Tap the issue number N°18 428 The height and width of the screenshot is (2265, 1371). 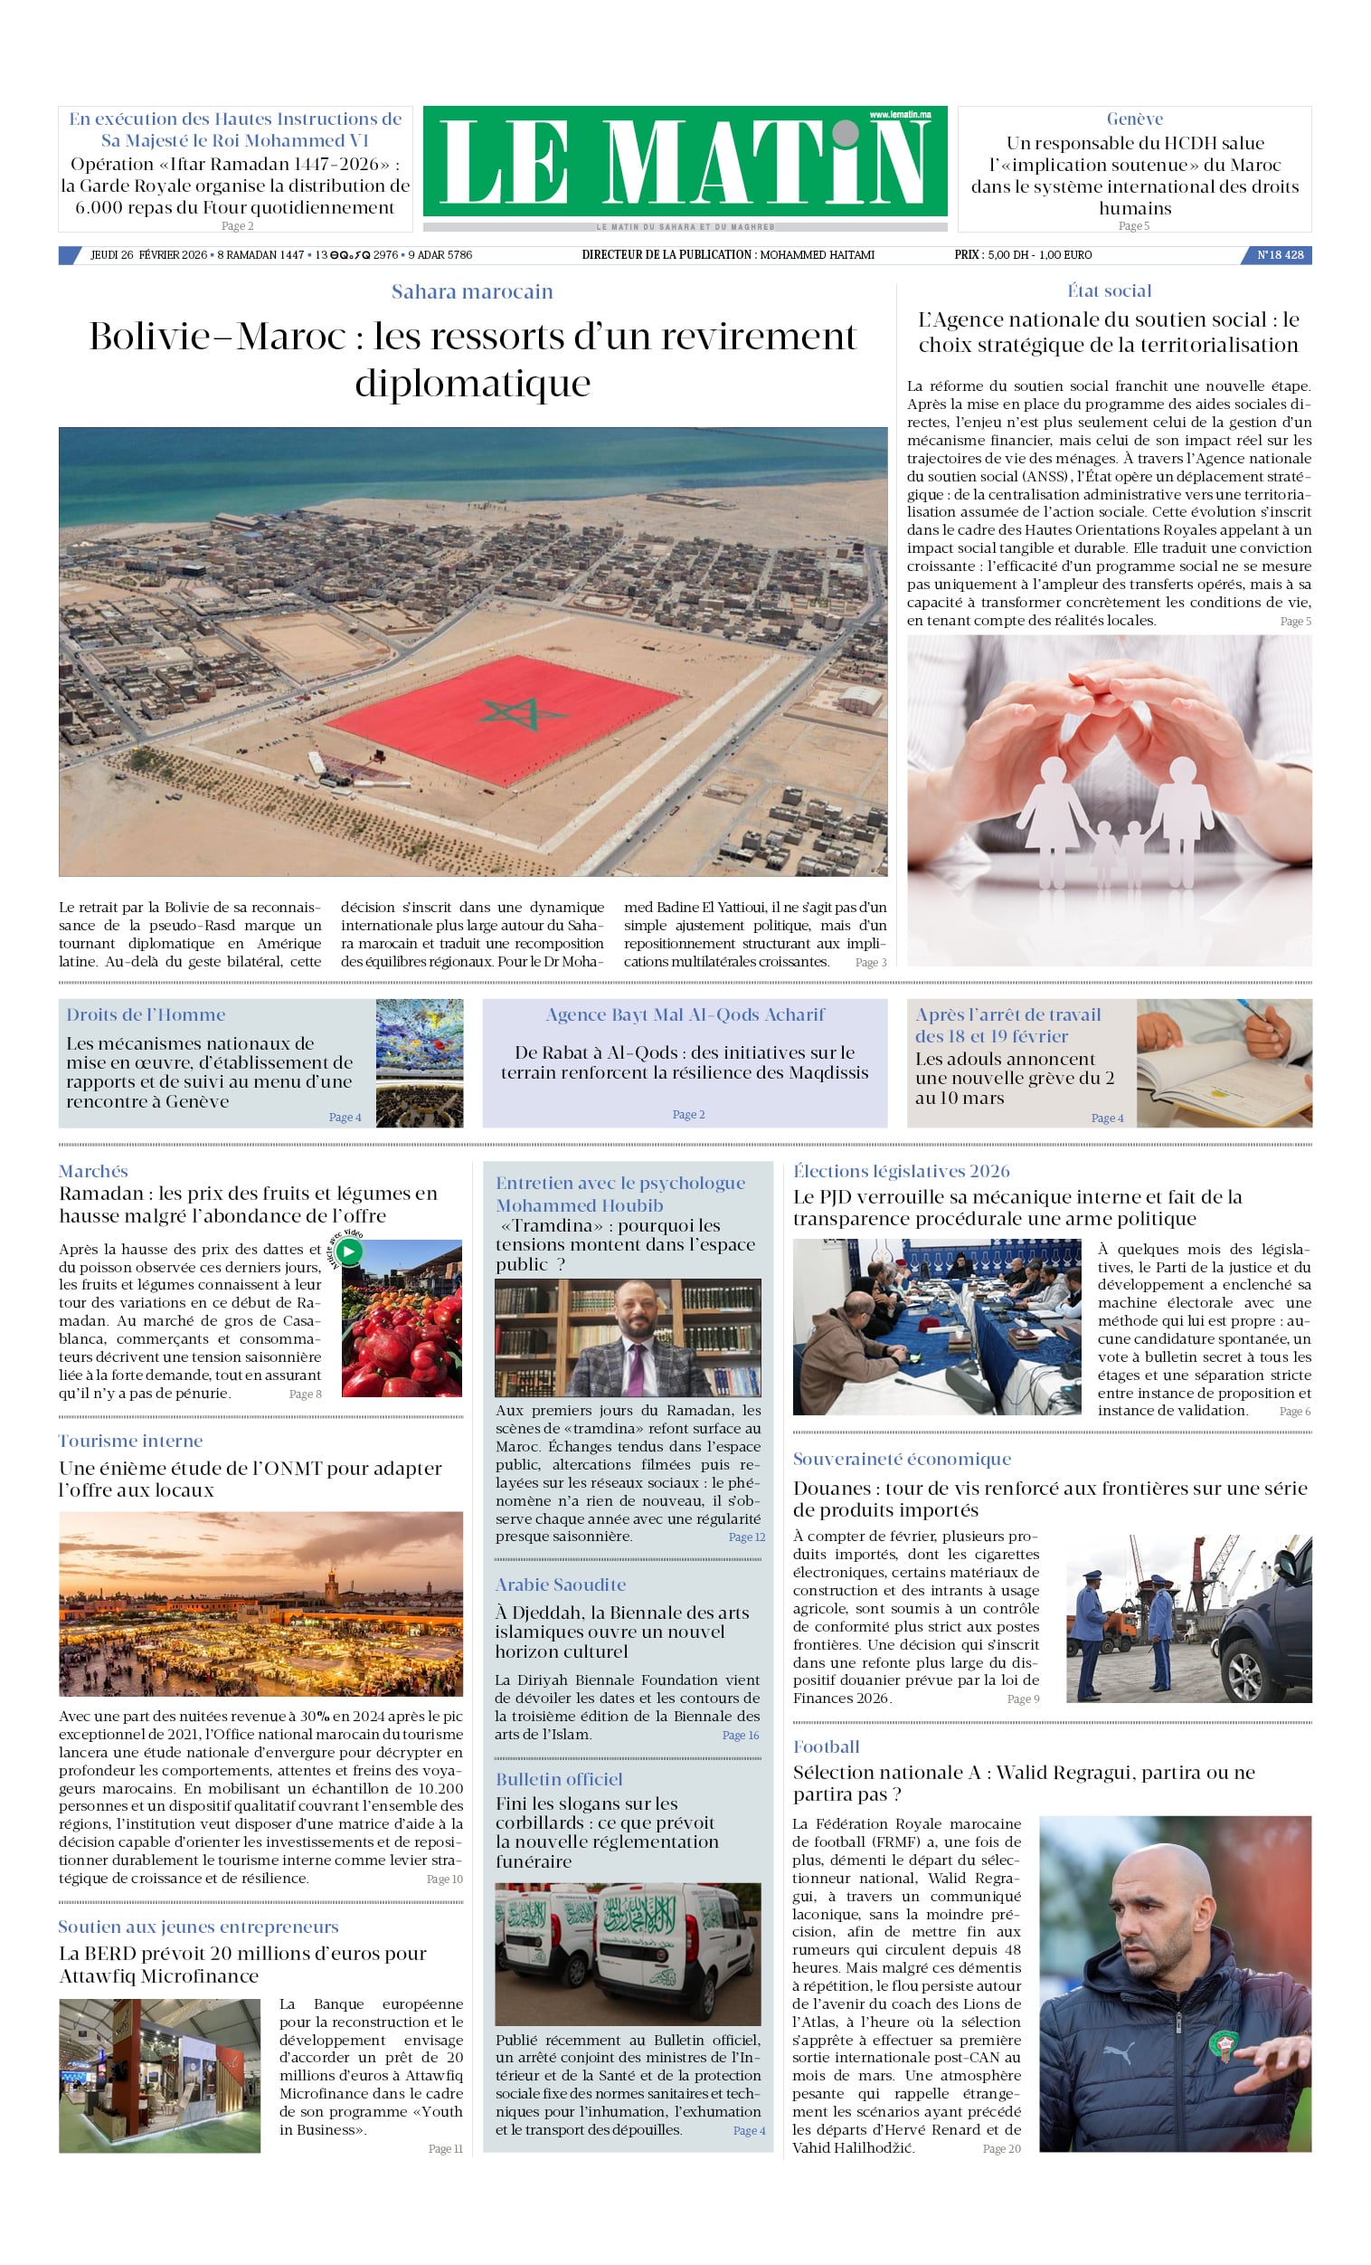coord(1280,254)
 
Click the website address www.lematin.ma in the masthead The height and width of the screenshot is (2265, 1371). coord(900,115)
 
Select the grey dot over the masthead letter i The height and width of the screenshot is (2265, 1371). coord(846,134)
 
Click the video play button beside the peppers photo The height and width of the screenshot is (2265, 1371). coord(349,1251)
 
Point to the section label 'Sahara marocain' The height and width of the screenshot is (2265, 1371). coord(472,291)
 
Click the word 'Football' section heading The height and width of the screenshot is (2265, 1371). coord(826,1746)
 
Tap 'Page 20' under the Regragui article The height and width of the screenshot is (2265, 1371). coord(1001,2148)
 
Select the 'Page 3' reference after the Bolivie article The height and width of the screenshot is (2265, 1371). coord(870,963)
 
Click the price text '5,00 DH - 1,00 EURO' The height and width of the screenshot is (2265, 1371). coord(1039,254)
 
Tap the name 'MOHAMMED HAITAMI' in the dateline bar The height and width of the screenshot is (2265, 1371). coord(817,254)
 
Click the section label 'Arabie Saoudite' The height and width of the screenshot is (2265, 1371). coord(561,1585)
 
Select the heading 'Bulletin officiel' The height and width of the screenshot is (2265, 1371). coord(559,1779)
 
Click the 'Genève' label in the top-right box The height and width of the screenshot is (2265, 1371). coord(1134,119)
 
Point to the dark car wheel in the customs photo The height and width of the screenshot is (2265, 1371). coord(1244,1676)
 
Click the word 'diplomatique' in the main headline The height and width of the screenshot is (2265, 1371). coord(472,383)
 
